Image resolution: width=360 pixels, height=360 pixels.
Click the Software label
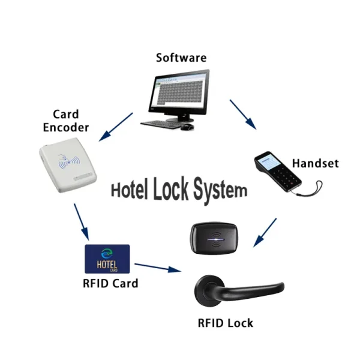click(181, 58)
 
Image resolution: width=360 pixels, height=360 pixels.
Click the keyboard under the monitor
click(160, 125)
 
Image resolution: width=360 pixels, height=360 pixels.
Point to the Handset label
click(315, 163)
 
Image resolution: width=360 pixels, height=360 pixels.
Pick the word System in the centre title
click(220, 190)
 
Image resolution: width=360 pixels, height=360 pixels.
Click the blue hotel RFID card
click(109, 258)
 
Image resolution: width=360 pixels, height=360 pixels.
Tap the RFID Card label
click(110, 283)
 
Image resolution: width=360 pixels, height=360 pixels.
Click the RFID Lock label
click(226, 323)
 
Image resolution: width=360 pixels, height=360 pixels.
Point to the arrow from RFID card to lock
click(158, 267)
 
